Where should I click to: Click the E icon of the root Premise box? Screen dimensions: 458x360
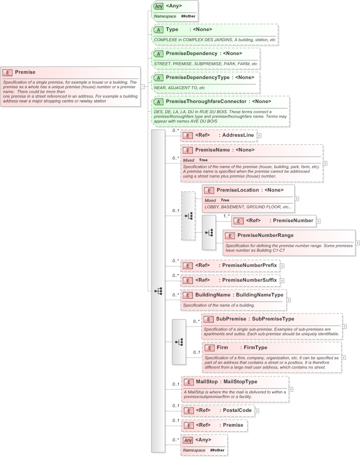[x=8, y=72]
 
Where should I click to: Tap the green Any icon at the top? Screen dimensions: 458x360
[x=159, y=6]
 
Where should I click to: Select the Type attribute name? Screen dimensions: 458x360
[x=173, y=30]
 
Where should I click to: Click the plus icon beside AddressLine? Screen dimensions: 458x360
[x=259, y=135]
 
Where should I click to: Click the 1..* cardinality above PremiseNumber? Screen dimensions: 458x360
[x=227, y=216]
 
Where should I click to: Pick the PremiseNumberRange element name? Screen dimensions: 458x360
[x=265, y=235]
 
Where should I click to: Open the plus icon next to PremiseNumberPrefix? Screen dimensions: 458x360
[x=282, y=265]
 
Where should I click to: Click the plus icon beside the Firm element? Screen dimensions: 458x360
[x=343, y=357]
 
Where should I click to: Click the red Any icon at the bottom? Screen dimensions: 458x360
[x=187, y=440]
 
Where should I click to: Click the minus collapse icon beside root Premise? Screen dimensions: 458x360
[x=143, y=86]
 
